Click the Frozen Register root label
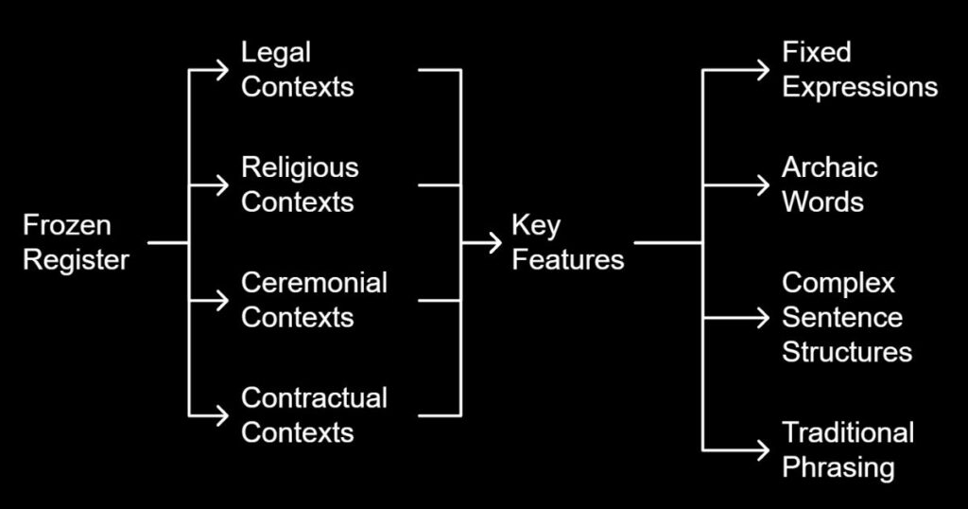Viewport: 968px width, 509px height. point(76,243)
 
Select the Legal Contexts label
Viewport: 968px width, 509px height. point(298,70)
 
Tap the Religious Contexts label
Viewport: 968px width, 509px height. point(300,184)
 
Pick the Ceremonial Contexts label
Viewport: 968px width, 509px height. point(314,300)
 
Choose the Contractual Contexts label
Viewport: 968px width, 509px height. point(314,415)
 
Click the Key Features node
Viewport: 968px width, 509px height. point(567,243)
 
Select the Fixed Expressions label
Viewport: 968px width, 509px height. point(859,70)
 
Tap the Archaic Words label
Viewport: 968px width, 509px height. point(829,184)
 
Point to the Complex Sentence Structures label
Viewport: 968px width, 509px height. point(846,318)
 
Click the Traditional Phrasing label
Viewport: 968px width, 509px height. point(847,449)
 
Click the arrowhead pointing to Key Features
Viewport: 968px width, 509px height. point(494,243)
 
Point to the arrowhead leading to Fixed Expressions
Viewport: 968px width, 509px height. point(763,70)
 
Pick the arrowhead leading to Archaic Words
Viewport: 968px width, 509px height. point(763,184)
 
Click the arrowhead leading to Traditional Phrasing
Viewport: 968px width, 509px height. point(763,449)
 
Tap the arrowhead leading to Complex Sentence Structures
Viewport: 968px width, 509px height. point(763,318)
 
